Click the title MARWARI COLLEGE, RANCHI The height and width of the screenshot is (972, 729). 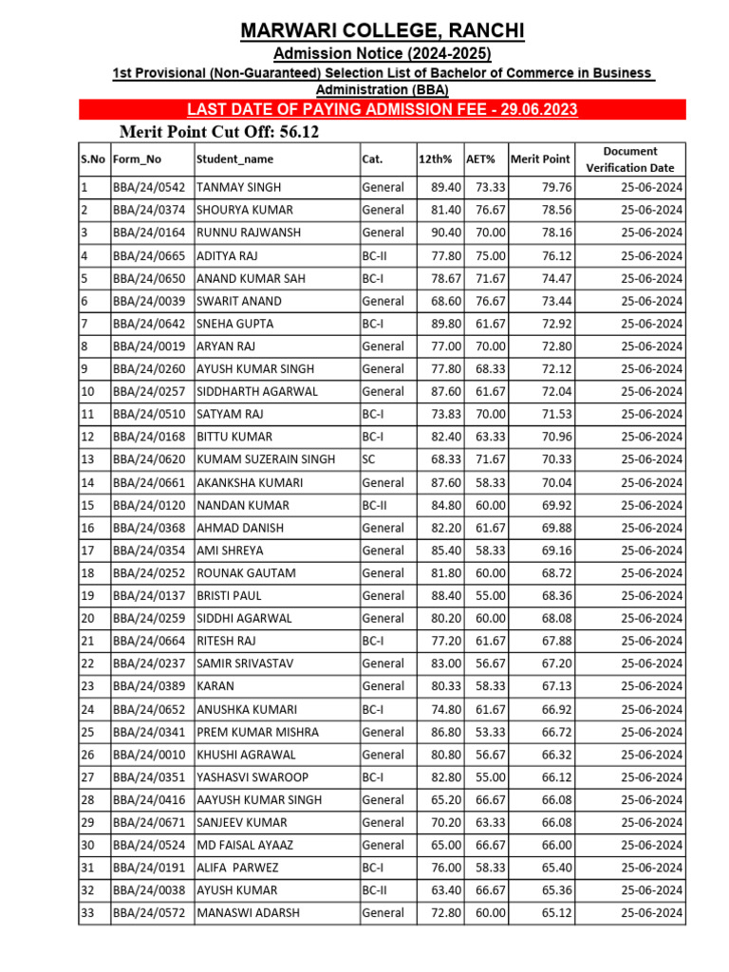coord(382,32)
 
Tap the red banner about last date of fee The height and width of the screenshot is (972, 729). coord(382,110)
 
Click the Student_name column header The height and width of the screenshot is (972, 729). coord(234,159)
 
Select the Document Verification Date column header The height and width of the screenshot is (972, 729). coord(629,159)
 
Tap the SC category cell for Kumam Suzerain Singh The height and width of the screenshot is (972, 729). coord(369,459)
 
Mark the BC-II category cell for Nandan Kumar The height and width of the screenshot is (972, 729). coord(374,505)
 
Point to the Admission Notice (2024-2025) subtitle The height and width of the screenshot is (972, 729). coord(382,54)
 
